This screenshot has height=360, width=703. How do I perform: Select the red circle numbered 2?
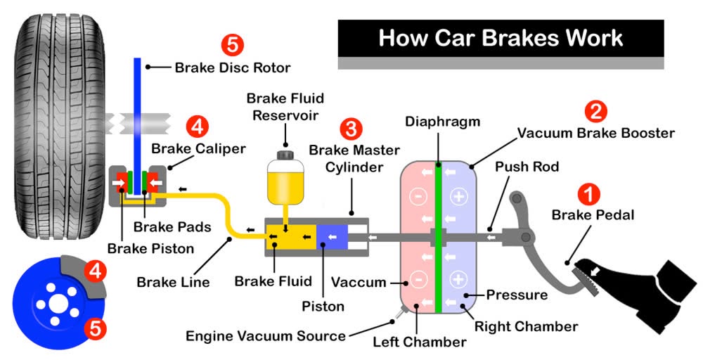click(595, 111)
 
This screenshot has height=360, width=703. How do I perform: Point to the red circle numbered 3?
click(351, 129)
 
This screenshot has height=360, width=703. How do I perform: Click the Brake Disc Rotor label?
click(233, 67)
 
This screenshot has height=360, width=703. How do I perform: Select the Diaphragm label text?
click(442, 121)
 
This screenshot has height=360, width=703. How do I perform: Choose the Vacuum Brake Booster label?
click(596, 133)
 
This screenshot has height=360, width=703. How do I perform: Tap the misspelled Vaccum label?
click(359, 283)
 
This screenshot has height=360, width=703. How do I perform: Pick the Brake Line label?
click(174, 283)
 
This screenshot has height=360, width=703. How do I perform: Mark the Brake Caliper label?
click(199, 148)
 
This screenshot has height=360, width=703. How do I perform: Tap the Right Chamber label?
click(526, 326)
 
